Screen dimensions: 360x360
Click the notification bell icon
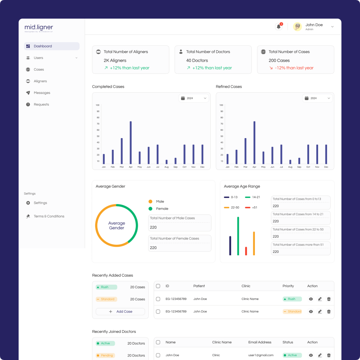[279, 26]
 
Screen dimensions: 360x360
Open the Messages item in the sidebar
[42, 93]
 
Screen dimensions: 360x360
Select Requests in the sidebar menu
[41, 104]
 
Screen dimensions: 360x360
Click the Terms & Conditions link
[49, 216]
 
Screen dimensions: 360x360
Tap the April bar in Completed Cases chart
[131, 142]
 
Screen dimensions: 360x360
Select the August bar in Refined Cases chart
[290, 162]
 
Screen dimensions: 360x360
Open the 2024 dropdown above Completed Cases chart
[194, 98]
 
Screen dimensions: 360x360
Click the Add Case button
[120, 312]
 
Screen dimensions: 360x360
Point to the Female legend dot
[150, 209]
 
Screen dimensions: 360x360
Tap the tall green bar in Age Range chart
[238, 235]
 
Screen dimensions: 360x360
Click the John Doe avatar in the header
[298, 26]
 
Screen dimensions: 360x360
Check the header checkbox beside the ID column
[158, 286]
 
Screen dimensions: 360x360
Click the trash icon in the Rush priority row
[329, 299]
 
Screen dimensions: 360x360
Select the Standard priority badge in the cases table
[292, 312]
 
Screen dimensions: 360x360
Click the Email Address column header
[260, 342]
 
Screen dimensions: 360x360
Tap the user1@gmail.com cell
[261, 355]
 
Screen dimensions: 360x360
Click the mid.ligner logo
[39, 28]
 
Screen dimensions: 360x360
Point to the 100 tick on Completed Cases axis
[98, 105]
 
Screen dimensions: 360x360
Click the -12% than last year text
[294, 68]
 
